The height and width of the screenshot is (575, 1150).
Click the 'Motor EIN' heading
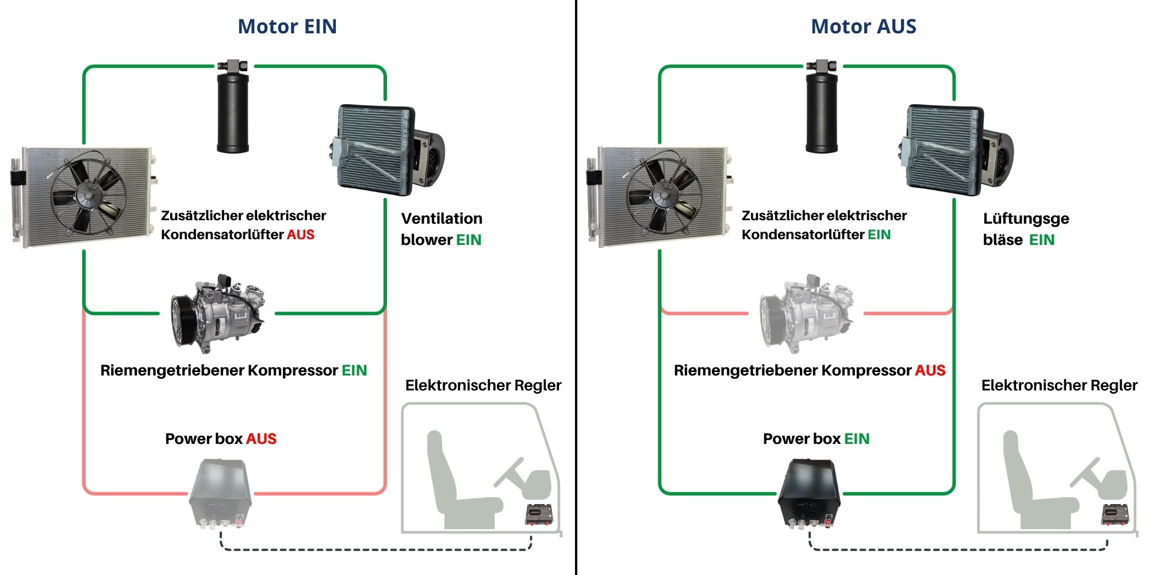point(287,26)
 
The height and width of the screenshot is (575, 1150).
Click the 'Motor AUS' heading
point(863,26)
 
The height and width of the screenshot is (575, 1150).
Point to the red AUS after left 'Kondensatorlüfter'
point(301,235)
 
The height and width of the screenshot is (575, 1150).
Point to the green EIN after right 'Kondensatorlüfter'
point(879,235)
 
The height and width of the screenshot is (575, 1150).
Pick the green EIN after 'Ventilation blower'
point(469,240)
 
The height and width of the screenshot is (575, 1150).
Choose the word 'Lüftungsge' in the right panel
point(1026,218)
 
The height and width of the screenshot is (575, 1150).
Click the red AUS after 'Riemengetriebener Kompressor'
point(930,370)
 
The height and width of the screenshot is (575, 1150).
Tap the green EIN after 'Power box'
point(857,439)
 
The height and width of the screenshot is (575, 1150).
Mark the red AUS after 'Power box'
point(261,439)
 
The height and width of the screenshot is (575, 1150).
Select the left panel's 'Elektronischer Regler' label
point(483,385)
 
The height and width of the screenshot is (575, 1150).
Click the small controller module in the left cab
point(539,513)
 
